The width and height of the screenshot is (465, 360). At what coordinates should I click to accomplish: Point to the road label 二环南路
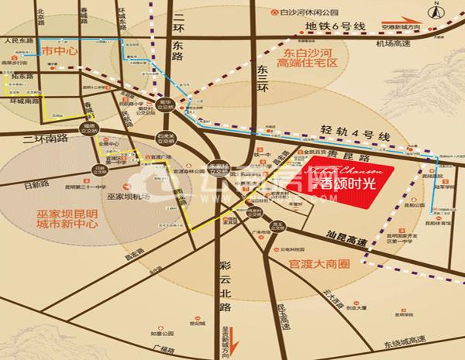pyautogui.click(x=44, y=138)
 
